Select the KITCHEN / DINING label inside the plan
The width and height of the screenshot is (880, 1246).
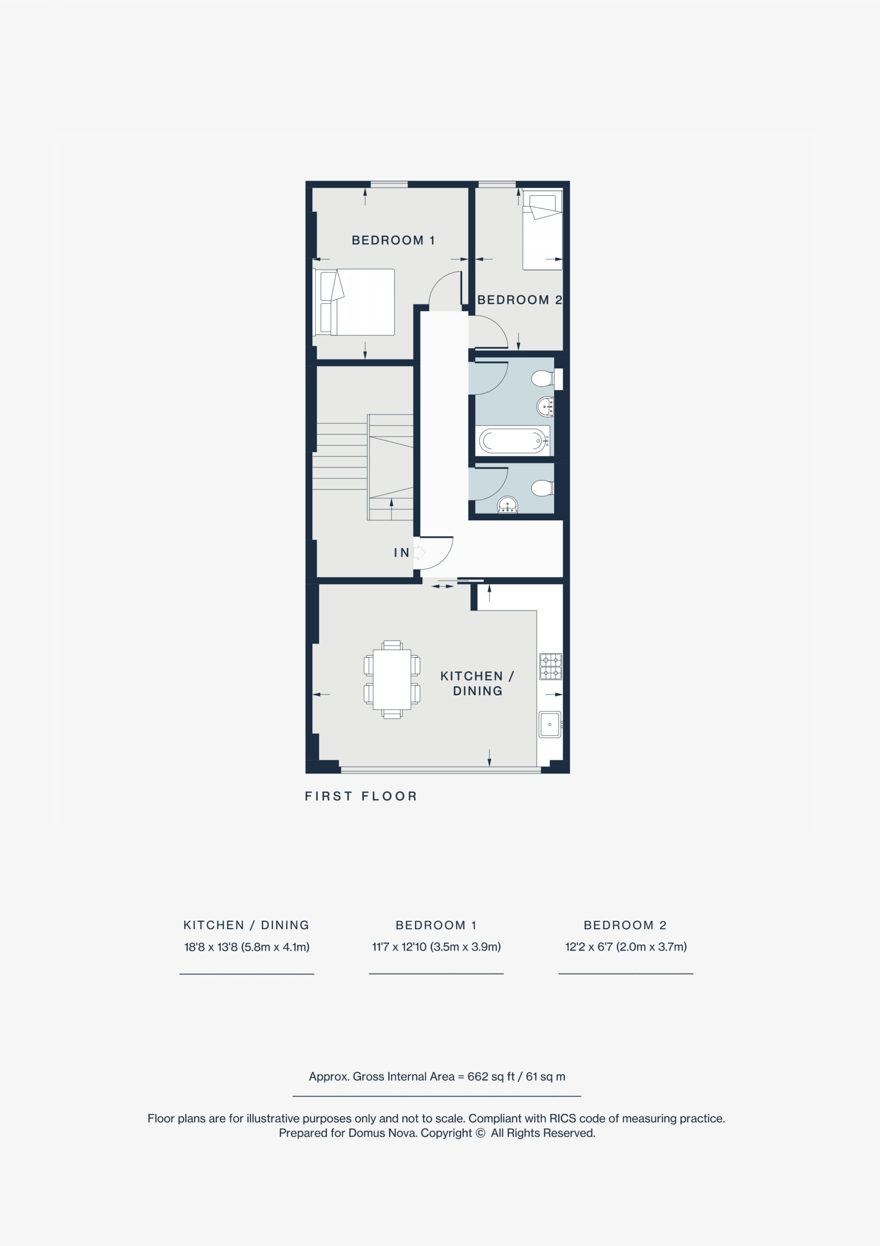point(477,683)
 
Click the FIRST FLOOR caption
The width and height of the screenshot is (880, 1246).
point(361,796)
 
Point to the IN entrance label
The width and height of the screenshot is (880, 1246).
point(401,552)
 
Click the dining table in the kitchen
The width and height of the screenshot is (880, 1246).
point(392,679)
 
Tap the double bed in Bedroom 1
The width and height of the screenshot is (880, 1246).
point(354,302)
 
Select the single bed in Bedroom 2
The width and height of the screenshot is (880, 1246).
point(542,232)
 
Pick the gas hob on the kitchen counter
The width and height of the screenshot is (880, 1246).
point(551,667)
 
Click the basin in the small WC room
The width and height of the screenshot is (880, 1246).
point(507,505)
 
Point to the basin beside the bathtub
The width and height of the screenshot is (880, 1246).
point(546,406)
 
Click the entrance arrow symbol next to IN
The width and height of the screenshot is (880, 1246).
point(419,552)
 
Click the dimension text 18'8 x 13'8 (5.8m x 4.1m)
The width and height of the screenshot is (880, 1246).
point(247,947)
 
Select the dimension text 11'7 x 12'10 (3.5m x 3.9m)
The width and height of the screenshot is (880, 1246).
point(436,947)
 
